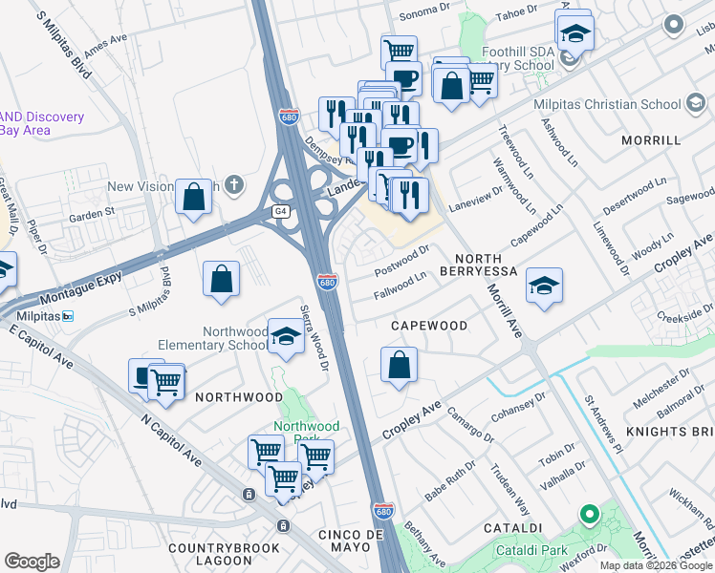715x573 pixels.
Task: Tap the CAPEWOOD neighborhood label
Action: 429,326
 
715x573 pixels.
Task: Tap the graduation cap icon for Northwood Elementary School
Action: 285,336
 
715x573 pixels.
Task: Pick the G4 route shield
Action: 280,211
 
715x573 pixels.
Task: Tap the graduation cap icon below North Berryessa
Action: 544,286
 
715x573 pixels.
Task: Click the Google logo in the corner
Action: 32,562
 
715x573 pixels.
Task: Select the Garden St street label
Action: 95,212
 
